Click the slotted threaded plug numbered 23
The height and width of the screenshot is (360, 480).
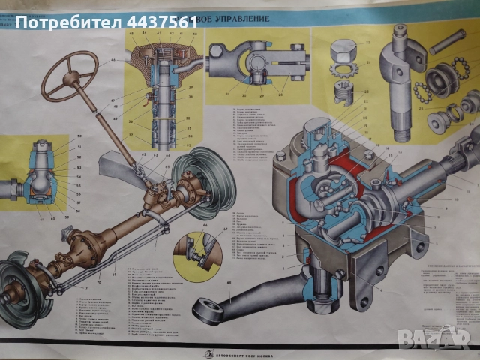[x=348, y=96]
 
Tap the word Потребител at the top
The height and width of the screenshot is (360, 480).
[x=66, y=21]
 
